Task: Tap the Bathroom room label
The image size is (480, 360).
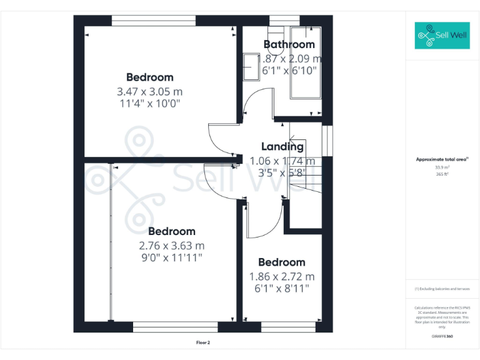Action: click(289, 44)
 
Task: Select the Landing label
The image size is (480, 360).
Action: click(282, 147)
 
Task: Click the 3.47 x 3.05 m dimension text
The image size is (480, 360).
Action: click(150, 91)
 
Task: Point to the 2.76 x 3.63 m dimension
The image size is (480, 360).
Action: click(172, 245)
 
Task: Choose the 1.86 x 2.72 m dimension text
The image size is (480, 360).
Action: click(281, 276)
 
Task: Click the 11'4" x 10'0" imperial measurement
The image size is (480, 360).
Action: click(150, 104)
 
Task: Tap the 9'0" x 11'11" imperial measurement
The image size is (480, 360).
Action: click(172, 257)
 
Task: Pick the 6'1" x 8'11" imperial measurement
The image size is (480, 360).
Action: click(281, 288)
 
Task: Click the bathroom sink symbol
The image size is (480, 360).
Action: click(252, 66)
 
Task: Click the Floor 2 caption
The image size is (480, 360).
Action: click(202, 343)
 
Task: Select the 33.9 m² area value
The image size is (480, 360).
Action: click(442, 167)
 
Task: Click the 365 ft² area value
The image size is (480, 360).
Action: click(442, 174)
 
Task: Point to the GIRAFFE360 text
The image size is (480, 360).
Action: click(442, 336)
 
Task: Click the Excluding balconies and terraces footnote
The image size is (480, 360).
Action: click(442, 289)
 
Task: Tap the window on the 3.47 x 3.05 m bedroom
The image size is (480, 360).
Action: click(154, 21)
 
